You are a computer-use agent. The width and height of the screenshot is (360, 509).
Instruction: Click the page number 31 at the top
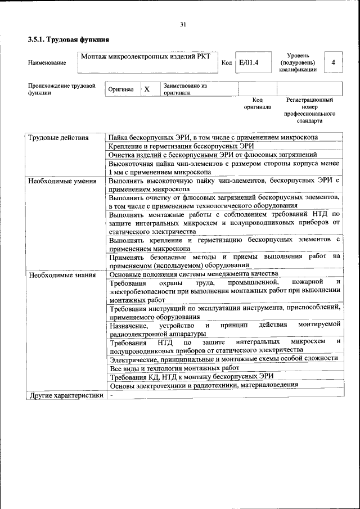click(x=183, y=24)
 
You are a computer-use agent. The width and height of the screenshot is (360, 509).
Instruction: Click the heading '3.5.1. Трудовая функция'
click(x=69, y=40)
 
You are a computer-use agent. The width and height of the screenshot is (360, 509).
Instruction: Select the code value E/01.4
click(x=248, y=62)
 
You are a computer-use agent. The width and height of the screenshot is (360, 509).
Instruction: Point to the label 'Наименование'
click(x=47, y=63)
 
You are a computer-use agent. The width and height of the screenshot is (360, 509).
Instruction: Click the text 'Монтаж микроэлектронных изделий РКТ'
click(x=146, y=57)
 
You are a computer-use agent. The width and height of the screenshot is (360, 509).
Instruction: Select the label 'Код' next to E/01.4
click(x=227, y=63)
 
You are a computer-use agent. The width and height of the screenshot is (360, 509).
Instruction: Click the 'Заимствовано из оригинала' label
click(x=185, y=89)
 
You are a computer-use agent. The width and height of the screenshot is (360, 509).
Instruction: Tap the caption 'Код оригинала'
click(x=257, y=103)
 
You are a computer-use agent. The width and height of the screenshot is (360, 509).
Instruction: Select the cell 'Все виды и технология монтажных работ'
click(x=175, y=368)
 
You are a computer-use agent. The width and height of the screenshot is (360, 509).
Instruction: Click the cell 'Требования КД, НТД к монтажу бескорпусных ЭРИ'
click(x=191, y=376)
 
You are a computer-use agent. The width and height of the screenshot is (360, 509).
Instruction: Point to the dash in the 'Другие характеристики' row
click(x=112, y=395)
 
